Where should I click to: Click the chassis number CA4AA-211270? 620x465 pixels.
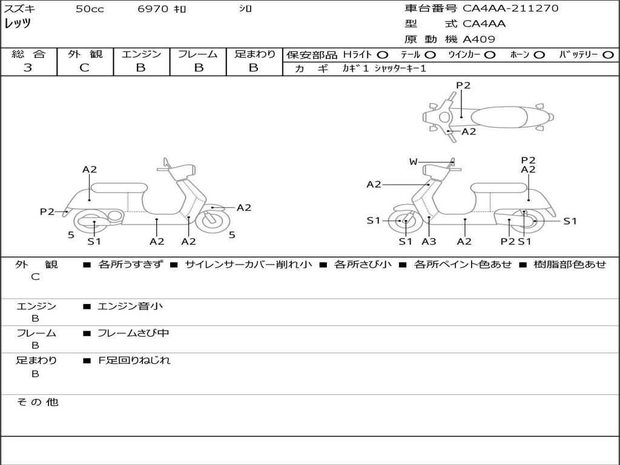[510, 8]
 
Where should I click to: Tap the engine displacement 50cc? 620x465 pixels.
[90, 9]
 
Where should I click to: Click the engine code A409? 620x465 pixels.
[479, 39]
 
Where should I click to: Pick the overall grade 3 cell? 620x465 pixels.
[28, 68]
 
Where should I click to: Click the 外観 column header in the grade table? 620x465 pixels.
[85, 54]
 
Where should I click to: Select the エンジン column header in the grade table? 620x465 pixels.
[141, 54]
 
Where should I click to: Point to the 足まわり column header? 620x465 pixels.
[254, 54]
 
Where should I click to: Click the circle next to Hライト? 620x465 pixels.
[382, 54]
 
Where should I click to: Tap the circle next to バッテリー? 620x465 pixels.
[608, 54]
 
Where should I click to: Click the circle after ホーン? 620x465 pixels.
[539, 54]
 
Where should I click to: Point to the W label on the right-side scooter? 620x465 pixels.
[414, 162]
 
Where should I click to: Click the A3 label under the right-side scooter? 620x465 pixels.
[429, 242]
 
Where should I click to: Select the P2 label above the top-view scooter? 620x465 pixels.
[463, 85]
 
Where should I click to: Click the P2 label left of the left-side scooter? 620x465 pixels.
[47, 211]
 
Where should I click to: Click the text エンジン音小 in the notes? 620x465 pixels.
[130, 306]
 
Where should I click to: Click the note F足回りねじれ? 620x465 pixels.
[134, 360]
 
